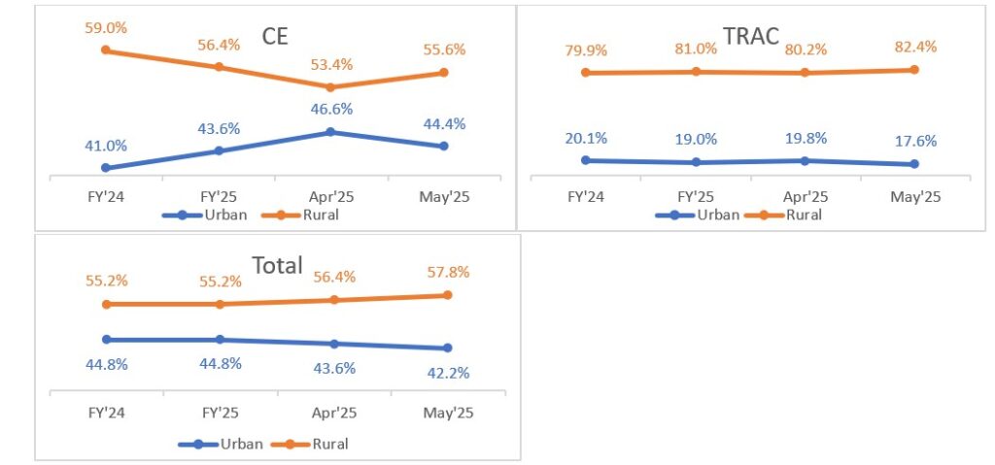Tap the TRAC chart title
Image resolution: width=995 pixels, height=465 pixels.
click(x=750, y=37)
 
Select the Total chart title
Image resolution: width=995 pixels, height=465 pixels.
click(x=277, y=265)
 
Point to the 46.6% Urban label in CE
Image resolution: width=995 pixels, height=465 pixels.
click(x=330, y=110)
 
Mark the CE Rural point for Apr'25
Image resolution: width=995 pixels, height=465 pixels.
click(x=330, y=87)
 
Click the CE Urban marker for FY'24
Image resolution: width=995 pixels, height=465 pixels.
click(x=105, y=168)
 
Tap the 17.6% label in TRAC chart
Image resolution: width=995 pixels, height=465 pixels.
click(x=915, y=141)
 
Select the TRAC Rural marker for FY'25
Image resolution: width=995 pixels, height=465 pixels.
click(x=696, y=71)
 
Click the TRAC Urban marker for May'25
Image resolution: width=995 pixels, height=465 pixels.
click(x=915, y=164)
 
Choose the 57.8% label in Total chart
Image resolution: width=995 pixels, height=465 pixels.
click(x=447, y=272)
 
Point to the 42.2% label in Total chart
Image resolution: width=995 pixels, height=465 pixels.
click(x=447, y=372)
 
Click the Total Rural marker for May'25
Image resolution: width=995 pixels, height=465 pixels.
click(x=447, y=295)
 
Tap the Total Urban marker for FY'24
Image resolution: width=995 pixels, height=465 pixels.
click(x=107, y=340)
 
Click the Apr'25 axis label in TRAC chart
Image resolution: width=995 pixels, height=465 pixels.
click(x=806, y=195)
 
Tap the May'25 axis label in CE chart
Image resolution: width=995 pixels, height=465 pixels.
click(x=443, y=195)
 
